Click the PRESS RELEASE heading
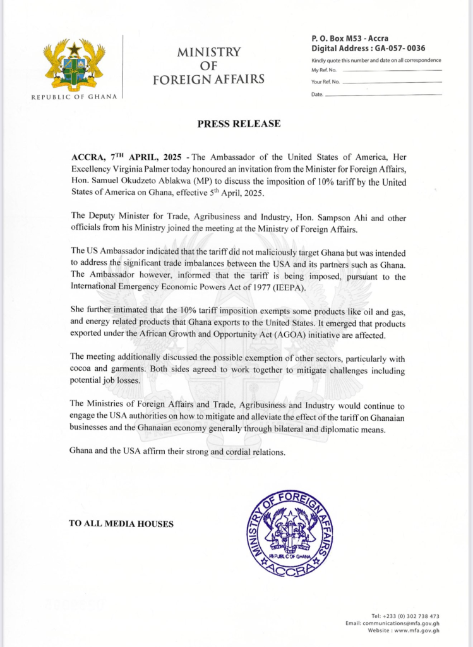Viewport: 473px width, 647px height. (239, 124)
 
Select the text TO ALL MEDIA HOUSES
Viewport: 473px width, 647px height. (121, 523)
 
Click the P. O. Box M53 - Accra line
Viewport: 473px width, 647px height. (350, 39)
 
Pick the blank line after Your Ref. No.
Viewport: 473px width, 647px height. (392, 82)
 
